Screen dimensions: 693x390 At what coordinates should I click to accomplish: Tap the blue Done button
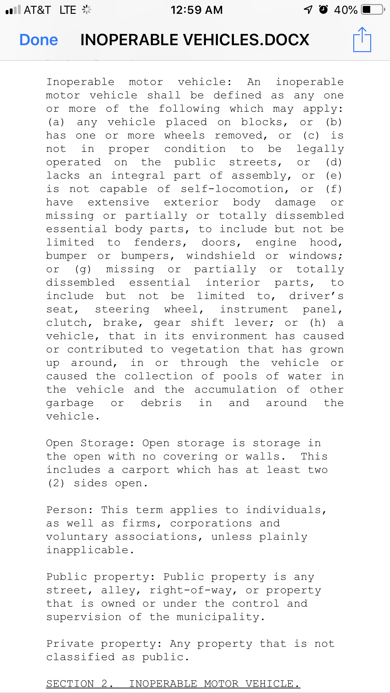point(39,40)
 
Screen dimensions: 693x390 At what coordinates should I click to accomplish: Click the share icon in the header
point(362,40)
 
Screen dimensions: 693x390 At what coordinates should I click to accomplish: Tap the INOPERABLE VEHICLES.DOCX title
point(195,40)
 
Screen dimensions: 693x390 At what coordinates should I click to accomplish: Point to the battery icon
point(372,10)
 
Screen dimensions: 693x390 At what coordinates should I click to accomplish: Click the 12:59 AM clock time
point(197,10)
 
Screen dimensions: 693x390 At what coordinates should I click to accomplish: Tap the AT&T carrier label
point(37,10)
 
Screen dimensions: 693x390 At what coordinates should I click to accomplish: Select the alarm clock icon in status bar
point(323,10)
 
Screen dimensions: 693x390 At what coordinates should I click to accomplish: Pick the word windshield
point(220,256)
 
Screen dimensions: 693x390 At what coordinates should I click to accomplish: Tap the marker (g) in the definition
point(83,269)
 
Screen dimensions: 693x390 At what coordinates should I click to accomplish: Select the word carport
point(146,470)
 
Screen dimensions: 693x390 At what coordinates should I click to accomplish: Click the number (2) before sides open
point(56,483)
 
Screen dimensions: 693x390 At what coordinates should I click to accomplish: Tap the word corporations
point(211,523)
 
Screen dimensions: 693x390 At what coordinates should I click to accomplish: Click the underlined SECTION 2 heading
point(173,684)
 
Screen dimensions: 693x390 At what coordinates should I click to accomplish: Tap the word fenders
point(160,242)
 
